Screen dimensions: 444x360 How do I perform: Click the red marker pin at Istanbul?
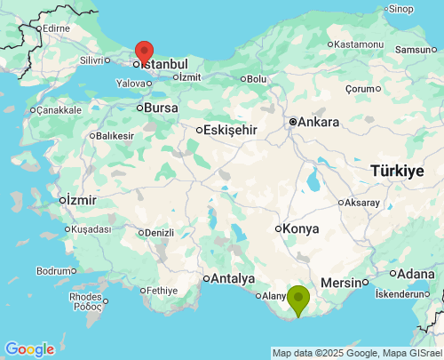143,52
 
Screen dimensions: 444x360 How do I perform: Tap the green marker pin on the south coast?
297,299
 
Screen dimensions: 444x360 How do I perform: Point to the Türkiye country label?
397,171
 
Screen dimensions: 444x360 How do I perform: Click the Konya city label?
301,228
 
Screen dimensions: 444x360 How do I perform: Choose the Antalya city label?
233,278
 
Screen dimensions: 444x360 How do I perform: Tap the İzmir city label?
80,200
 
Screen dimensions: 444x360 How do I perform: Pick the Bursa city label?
160,108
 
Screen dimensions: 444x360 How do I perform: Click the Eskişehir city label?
230,130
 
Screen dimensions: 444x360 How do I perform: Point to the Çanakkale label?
59,110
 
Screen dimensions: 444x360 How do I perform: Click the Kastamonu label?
359,44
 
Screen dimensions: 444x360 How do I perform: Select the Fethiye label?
163,291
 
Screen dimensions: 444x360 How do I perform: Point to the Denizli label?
159,233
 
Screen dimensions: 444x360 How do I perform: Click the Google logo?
28,349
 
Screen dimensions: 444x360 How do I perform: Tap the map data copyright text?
357,353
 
